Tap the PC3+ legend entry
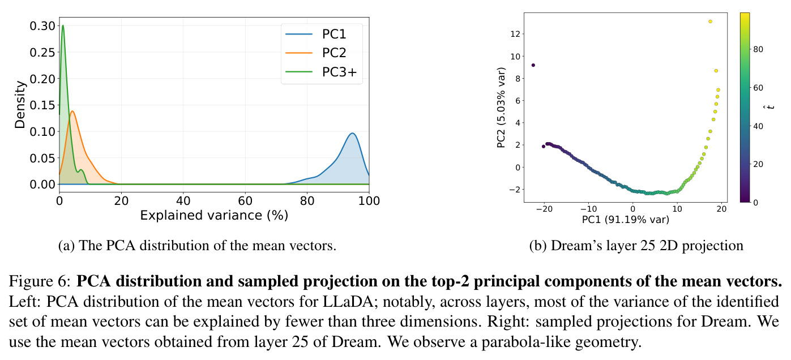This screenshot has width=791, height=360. (322, 72)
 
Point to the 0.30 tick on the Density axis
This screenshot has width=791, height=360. (42, 26)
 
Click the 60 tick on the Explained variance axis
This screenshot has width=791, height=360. (245, 201)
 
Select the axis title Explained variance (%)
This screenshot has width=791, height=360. (214, 215)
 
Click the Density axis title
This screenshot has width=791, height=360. (20, 105)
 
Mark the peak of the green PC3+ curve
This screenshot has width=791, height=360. (63, 25)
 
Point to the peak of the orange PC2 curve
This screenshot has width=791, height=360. (72, 111)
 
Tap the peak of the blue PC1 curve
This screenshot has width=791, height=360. (352, 133)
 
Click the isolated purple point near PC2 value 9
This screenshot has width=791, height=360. (533, 65)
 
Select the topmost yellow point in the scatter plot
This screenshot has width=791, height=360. (710, 22)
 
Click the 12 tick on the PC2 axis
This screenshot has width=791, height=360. (515, 34)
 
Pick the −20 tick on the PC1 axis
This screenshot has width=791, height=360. (544, 209)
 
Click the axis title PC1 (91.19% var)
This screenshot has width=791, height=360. (626, 220)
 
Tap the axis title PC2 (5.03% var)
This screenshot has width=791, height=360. (501, 108)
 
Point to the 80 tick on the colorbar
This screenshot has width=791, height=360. (758, 49)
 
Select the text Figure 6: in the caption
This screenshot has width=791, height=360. (40, 281)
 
